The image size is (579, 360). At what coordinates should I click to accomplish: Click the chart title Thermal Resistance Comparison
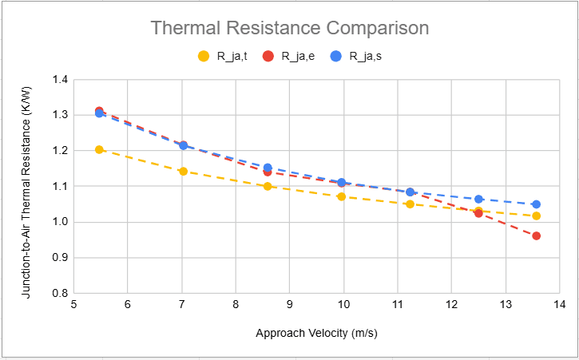[290, 28]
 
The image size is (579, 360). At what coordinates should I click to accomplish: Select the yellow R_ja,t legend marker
[203, 56]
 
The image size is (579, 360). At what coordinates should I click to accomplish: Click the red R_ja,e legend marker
[268, 56]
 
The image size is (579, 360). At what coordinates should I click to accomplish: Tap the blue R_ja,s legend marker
[336, 56]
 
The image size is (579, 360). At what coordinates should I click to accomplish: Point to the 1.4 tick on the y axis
[59, 80]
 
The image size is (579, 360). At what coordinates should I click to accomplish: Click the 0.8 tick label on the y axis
[59, 293]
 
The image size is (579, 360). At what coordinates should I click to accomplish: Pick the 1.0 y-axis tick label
[59, 222]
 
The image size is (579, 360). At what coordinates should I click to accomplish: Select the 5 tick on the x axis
[73, 305]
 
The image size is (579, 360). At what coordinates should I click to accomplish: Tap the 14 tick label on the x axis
[559, 305]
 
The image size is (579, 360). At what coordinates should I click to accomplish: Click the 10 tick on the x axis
[343, 305]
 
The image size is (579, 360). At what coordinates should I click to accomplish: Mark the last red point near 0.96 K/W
[536, 235]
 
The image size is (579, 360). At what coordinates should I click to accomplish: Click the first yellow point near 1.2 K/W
[99, 149]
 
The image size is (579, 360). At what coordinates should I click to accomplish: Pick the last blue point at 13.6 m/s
[536, 204]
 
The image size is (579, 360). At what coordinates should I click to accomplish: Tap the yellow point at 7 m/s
[183, 171]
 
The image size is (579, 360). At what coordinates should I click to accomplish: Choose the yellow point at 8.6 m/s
[268, 186]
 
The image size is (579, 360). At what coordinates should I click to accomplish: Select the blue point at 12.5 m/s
[478, 199]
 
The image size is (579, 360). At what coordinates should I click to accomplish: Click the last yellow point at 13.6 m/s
[536, 216]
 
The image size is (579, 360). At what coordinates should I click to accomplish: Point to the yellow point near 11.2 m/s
[410, 204]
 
